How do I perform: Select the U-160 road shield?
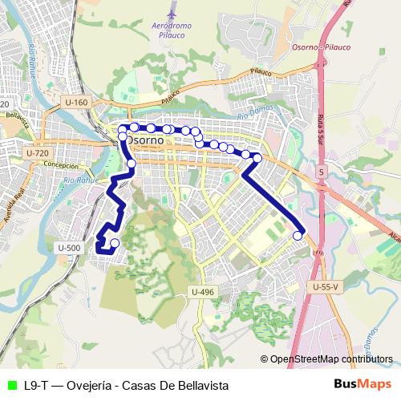[76, 102]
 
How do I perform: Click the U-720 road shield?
[37, 152]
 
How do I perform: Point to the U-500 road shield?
[70, 249]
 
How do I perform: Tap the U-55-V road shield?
[327, 286]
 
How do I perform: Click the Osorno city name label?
[144, 140]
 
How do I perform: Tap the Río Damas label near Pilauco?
[254, 118]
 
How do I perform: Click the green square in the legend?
[10, 385]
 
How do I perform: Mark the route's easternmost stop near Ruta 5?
[298, 235]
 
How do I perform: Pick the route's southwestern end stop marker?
[114, 243]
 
